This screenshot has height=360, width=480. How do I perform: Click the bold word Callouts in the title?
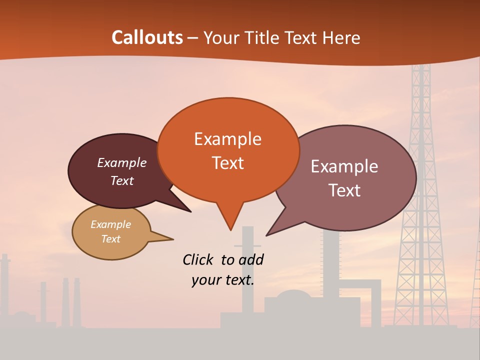147,37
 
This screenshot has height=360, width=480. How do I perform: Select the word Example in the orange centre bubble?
227,139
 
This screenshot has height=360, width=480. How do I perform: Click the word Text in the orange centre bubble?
227,162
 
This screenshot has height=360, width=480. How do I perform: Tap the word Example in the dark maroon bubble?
121,162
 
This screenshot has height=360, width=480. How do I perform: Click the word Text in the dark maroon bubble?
121,180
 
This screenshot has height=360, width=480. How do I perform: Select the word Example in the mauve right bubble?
344,166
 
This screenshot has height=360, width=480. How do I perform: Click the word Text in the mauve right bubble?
344,190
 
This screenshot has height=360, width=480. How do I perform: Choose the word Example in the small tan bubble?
110,224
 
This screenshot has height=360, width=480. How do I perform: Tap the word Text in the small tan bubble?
110,239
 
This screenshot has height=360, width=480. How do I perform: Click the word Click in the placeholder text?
198,259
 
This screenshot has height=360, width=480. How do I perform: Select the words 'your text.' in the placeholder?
222,280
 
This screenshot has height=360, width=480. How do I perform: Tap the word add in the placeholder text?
251,259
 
